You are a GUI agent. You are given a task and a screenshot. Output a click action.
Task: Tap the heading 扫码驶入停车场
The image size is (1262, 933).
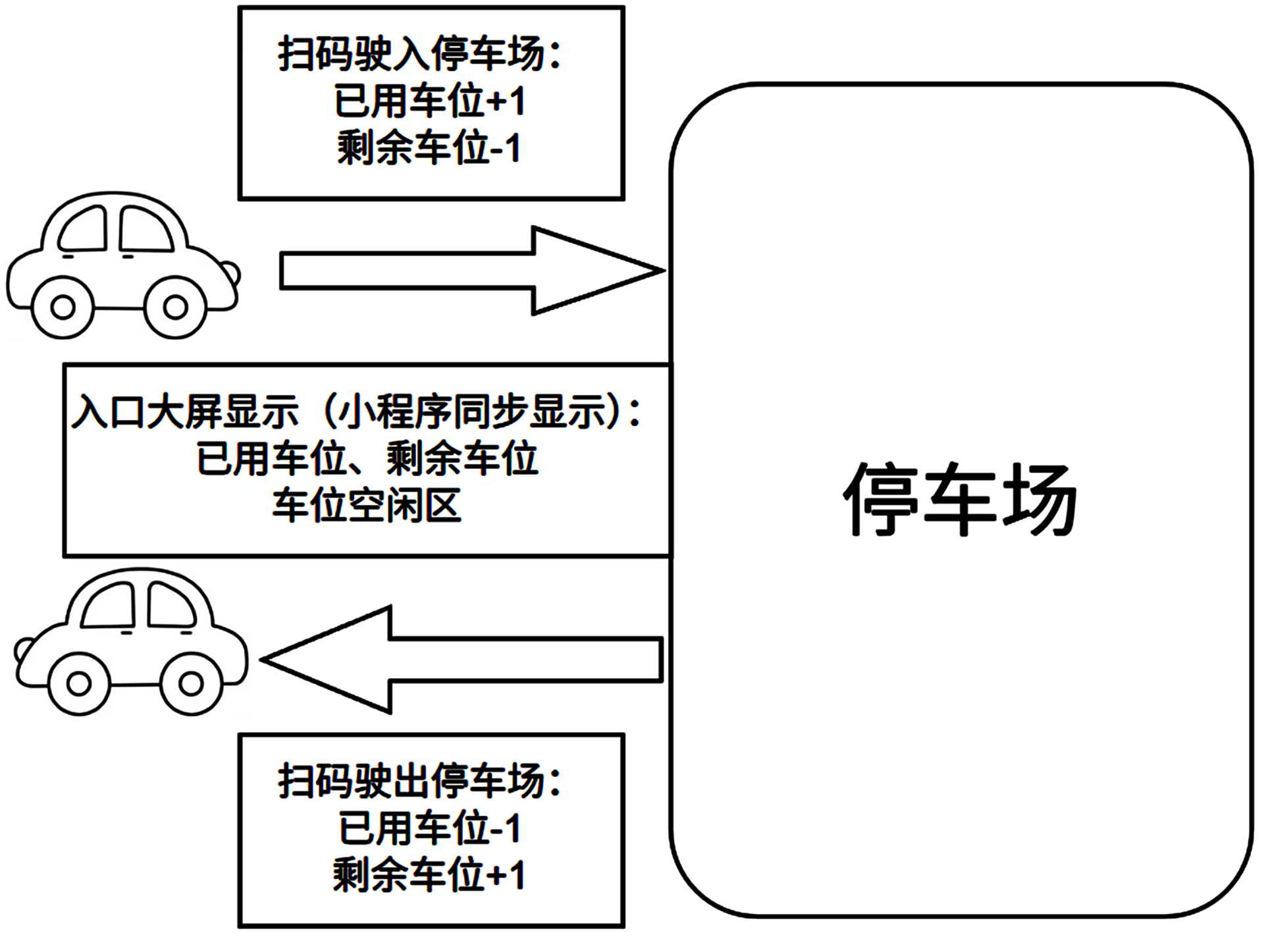point(420,54)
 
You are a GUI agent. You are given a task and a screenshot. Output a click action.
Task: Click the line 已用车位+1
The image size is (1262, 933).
point(430,101)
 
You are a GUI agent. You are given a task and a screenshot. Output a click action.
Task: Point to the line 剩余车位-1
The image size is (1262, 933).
point(429,148)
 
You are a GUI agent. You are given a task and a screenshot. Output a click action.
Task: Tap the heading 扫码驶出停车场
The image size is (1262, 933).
point(420,782)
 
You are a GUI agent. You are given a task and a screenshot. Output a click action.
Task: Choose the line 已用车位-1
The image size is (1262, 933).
point(430,828)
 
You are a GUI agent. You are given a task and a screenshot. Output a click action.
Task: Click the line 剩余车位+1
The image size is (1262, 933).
point(429,875)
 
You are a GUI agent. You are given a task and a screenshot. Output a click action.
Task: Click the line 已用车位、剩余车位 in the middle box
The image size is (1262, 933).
point(367,459)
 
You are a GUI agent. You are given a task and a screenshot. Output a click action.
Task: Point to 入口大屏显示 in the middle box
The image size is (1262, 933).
point(184,412)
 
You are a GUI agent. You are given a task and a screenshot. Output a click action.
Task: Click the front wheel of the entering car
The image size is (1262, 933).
point(175,307)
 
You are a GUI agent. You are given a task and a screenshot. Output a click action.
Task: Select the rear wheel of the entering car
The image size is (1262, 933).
point(63,307)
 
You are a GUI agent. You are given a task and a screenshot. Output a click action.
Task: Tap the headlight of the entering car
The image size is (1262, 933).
point(230,271)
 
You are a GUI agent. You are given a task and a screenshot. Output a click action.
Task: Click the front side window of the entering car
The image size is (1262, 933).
point(145,230)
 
